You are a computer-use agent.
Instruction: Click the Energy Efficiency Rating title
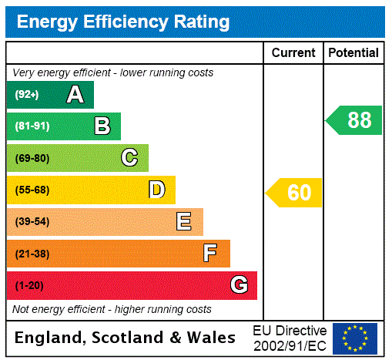pos(123,22)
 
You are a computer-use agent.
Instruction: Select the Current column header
pos(293,53)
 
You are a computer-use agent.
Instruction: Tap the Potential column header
pos(353,53)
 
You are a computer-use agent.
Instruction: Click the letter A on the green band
pos(75,95)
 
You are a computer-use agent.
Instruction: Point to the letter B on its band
pos(102,126)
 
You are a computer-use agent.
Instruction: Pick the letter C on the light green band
pos(129,158)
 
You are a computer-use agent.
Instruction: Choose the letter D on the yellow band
pos(157,190)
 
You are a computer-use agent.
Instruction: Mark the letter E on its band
pos(184,222)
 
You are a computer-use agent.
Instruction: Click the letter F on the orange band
pos(210,253)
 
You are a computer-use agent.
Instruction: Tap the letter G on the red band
pos(239,285)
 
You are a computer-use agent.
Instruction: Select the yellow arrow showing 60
pos(294,193)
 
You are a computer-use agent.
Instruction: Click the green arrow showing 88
pos(354,120)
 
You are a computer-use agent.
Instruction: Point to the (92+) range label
pos(26,95)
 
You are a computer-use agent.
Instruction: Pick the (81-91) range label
pos(32,126)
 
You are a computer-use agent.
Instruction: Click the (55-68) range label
pos(32,190)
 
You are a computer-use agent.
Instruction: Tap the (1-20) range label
pos(29,285)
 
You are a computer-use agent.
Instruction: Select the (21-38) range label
pos(32,253)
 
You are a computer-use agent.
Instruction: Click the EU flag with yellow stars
pos(355,338)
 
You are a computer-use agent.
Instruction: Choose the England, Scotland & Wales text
pos(126,338)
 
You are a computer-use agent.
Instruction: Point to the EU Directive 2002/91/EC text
pos(290,338)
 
